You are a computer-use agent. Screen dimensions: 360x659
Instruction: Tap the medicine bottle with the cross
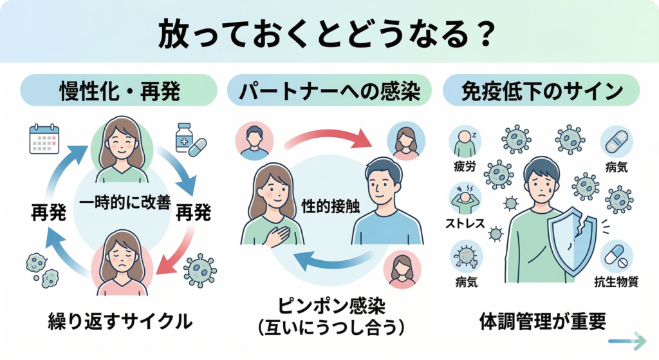pos(184,137)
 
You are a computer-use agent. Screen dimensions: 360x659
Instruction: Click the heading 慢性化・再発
pos(120,91)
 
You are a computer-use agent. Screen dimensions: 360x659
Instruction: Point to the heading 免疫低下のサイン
pos(541,91)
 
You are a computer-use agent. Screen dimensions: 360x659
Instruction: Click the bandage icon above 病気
pos(617,141)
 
